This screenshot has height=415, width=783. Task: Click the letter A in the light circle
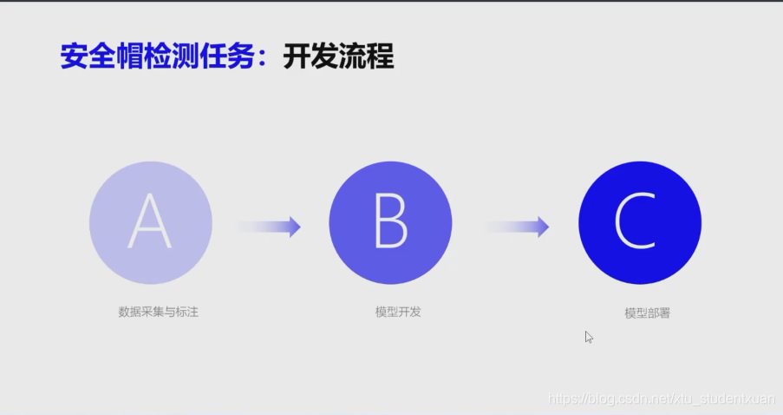(x=150, y=223)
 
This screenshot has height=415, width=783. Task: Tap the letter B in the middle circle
(x=390, y=223)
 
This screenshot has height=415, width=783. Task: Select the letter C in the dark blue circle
(x=639, y=223)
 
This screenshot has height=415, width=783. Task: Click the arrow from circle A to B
(x=269, y=227)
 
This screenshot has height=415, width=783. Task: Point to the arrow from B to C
(x=518, y=227)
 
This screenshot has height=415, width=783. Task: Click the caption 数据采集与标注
(x=159, y=311)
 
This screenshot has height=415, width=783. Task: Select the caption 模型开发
(x=392, y=311)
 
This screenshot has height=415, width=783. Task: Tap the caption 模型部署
(x=647, y=313)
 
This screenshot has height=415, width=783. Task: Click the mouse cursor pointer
(x=588, y=337)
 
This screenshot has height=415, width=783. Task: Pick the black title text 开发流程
(x=338, y=56)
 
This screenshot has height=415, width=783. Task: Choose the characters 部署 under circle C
(x=658, y=313)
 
